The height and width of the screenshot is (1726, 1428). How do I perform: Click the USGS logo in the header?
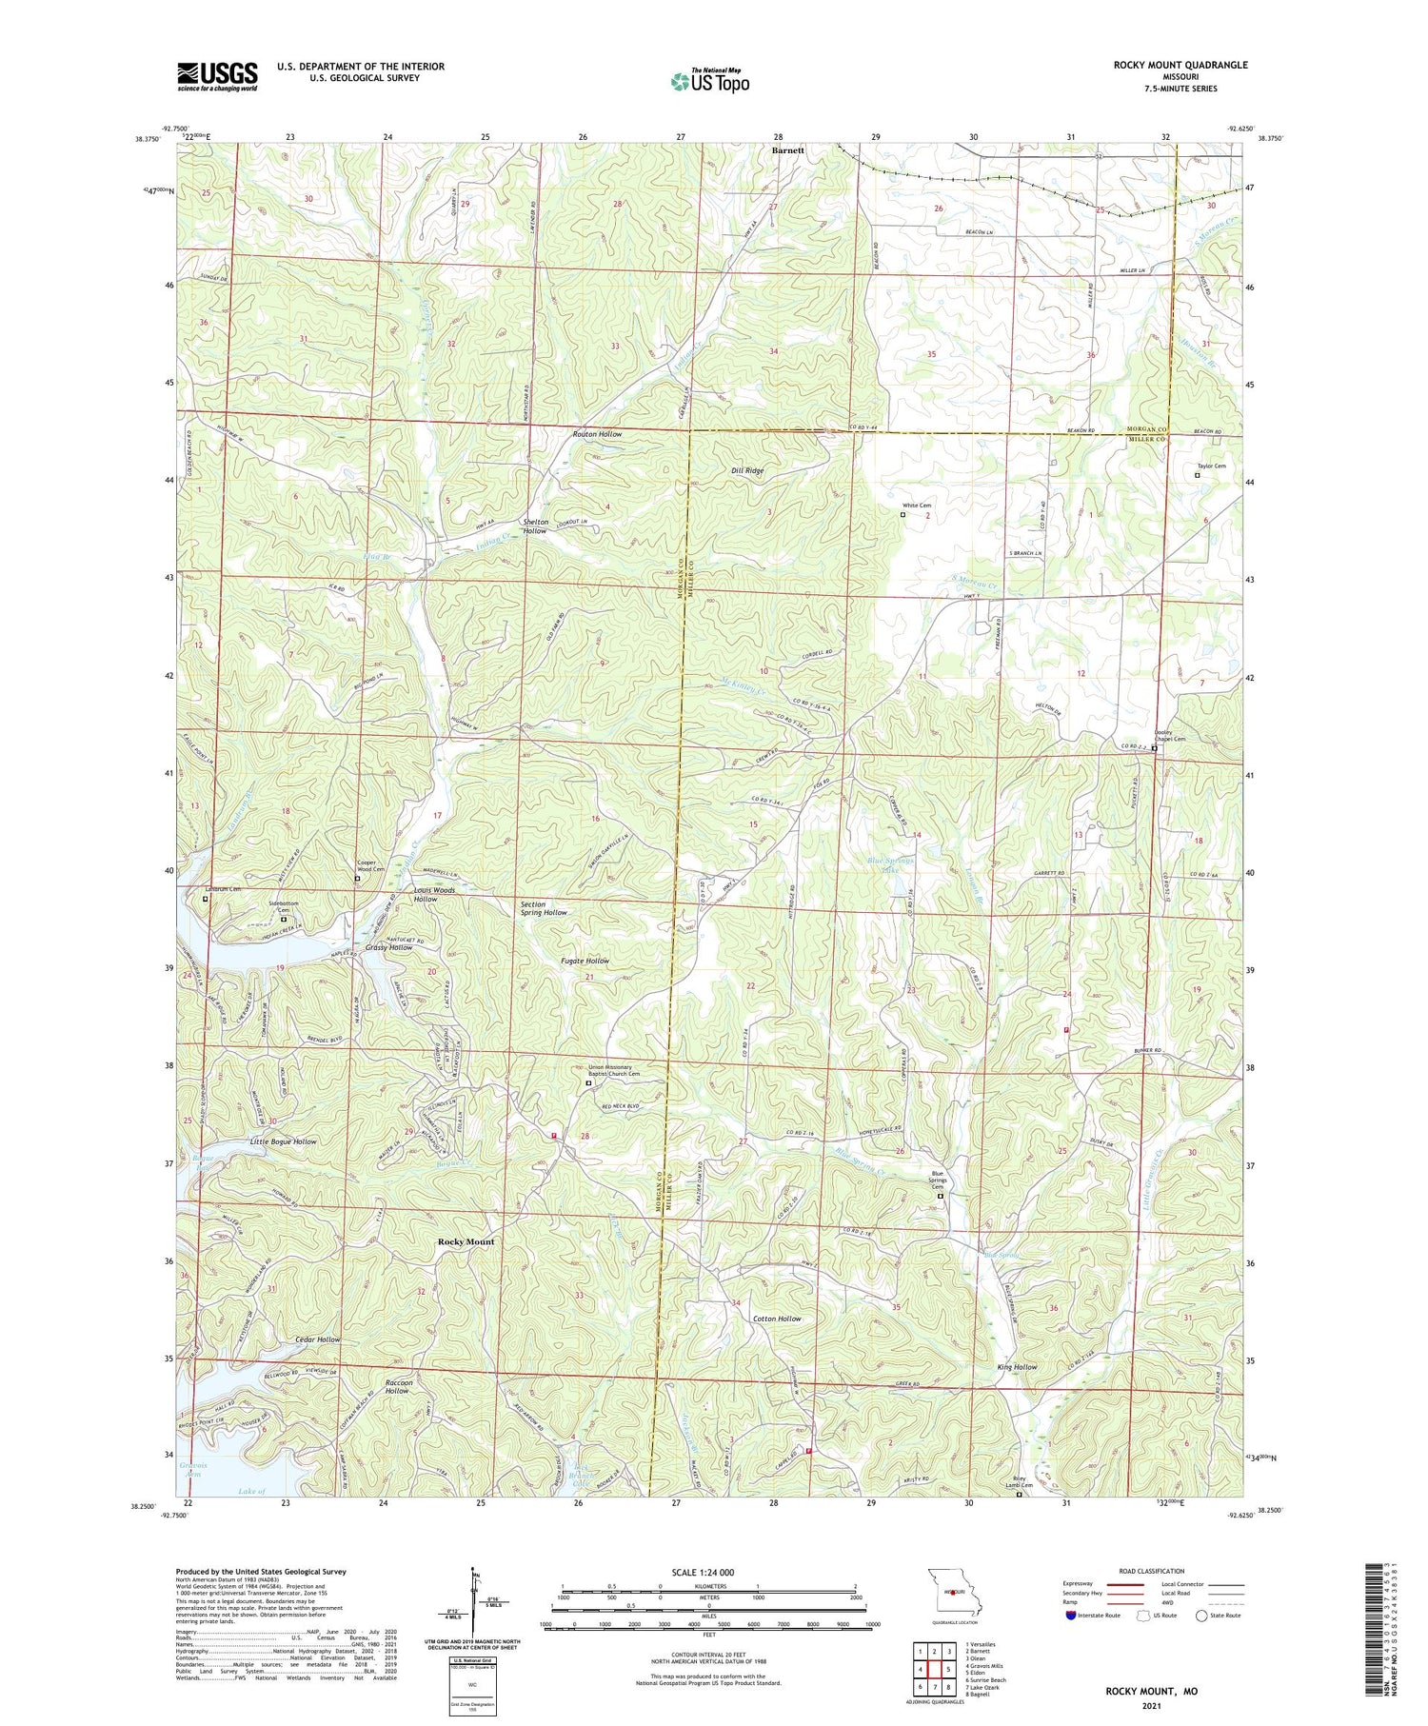point(217,76)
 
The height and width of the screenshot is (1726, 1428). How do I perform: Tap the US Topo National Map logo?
point(709,81)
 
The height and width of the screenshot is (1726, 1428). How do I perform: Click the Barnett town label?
point(787,150)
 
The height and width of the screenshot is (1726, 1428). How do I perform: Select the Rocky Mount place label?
point(466,1241)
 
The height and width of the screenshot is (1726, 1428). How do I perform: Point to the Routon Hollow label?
point(597,434)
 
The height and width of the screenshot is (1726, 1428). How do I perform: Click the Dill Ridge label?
point(747,470)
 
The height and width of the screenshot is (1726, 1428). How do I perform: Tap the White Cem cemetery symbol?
point(903,514)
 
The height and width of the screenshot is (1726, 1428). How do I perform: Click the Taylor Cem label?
point(1211,466)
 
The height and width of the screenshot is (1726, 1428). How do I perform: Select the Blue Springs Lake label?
point(891,864)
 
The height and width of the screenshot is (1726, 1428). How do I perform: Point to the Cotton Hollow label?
point(777,1319)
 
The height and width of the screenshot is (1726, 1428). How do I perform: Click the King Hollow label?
point(1017,1367)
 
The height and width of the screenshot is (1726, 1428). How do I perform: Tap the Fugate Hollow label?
point(584,961)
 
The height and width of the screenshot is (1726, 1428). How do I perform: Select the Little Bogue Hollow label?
point(283,1141)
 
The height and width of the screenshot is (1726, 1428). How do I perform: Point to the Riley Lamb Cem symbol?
point(1019,1495)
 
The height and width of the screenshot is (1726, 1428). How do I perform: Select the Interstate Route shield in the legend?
point(1071,1616)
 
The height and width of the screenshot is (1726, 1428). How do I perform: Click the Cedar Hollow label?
point(317,1339)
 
